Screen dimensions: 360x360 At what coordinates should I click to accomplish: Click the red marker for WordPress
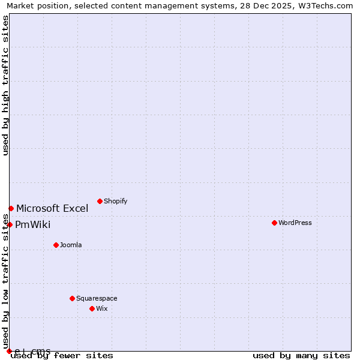[x=274, y=223]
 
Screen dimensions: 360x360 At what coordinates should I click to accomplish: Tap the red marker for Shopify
[x=100, y=201]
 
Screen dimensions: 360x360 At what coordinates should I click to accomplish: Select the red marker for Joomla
[x=56, y=245]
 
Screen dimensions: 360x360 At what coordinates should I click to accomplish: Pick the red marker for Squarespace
[x=72, y=298]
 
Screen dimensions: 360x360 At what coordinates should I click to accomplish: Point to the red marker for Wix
[x=92, y=308]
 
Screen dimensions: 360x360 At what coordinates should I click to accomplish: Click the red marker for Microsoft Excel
[x=11, y=208]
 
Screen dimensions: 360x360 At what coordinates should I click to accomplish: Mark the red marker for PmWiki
[x=10, y=224]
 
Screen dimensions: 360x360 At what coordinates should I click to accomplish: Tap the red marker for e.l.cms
[x=10, y=351]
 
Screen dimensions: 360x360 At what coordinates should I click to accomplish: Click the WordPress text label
[x=295, y=223]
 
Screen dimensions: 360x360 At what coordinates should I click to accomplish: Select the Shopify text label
[x=116, y=201]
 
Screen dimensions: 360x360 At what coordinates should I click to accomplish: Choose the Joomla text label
[x=71, y=245]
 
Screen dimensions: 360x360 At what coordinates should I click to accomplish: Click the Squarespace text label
[x=97, y=298]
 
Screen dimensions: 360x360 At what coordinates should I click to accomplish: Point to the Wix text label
[x=101, y=308]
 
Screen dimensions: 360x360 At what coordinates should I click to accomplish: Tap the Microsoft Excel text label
[x=52, y=209]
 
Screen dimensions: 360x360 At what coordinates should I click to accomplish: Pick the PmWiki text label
[x=33, y=225]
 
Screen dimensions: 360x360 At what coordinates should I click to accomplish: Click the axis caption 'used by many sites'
[x=301, y=356]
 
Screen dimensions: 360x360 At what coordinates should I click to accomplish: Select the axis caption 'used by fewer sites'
[x=62, y=356]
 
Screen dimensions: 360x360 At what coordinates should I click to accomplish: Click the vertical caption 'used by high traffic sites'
[x=6, y=85]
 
